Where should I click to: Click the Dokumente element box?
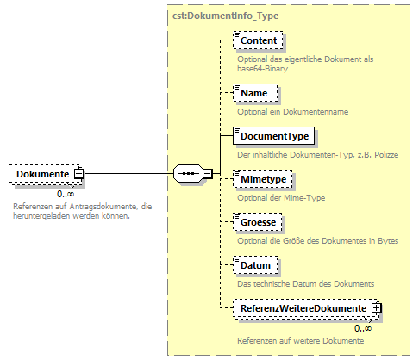(x=41, y=174)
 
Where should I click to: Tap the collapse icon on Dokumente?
(x=78, y=174)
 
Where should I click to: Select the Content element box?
(x=259, y=40)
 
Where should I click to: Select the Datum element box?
(x=256, y=267)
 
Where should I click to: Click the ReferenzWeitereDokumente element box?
(x=302, y=307)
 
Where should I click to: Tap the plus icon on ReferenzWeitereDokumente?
(x=376, y=307)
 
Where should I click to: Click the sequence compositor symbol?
(x=187, y=173)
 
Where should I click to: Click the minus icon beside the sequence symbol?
(x=207, y=174)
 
